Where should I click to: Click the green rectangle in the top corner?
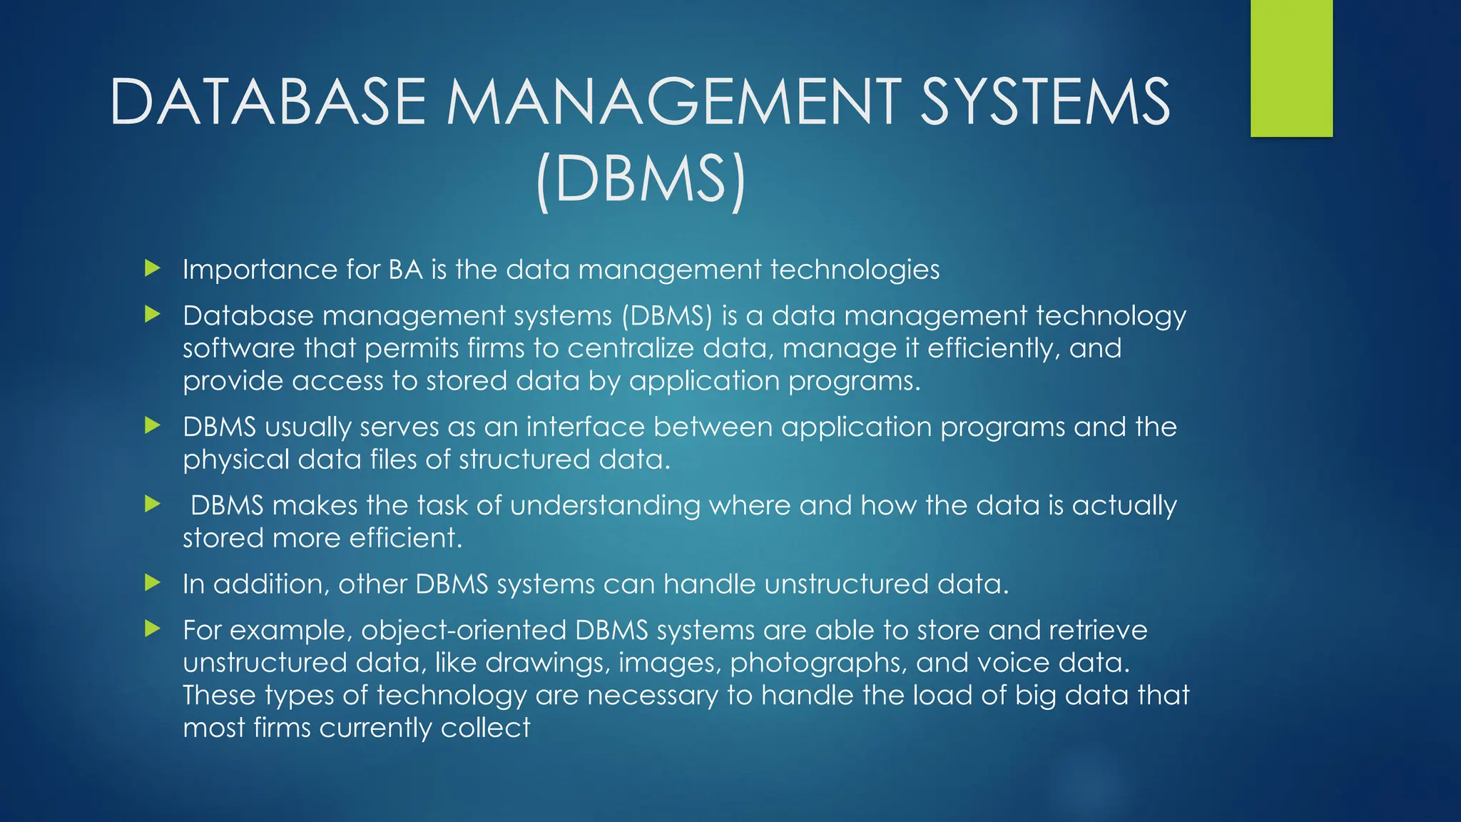[1291, 68]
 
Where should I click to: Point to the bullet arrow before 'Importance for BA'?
[152, 269]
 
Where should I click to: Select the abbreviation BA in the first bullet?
[405, 270]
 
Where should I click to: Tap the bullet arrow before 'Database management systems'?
[152, 315]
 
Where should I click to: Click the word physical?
[235, 460]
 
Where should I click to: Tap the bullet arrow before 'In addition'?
[152, 583]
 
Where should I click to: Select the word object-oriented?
[464, 630]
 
